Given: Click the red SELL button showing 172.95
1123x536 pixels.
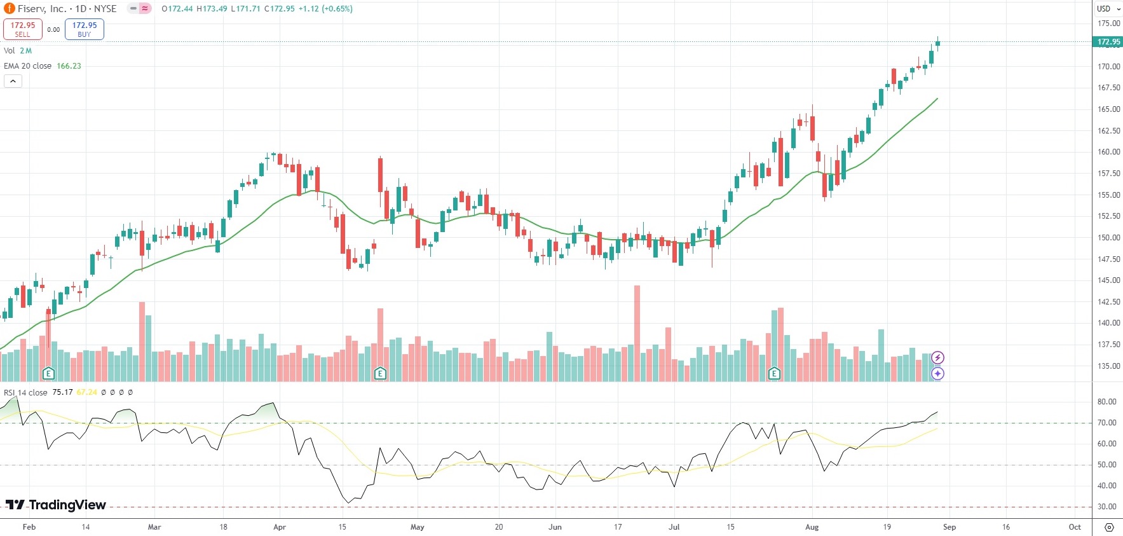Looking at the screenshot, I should click(x=23, y=29).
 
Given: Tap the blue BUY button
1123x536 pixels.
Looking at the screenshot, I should click(x=84, y=29).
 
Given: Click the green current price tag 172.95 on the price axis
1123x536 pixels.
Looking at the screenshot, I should click(x=1108, y=42).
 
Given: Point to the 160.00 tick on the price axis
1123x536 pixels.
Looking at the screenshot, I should click(x=1108, y=152).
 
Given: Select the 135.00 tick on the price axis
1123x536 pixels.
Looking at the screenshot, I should click(x=1108, y=366).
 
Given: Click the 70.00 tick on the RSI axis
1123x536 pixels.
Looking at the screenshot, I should click(x=1106, y=423).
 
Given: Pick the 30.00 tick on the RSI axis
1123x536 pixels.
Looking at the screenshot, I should click(x=1106, y=507).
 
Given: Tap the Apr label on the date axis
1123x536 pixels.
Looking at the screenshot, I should click(x=280, y=527).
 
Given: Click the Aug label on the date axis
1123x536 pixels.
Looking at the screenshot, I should click(x=812, y=527).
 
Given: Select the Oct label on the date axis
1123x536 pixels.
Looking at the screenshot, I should click(x=1075, y=527).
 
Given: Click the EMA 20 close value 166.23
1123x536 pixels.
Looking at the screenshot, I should click(x=69, y=66).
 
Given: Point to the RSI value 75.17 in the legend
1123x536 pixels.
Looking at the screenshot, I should click(x=62, y=392).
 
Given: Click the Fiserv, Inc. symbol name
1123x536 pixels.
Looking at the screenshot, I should click(x=42, y=9).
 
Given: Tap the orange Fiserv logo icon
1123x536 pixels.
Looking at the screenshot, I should click(x=10, y=9).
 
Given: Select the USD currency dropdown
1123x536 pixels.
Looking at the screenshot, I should click(x=1108, y=9).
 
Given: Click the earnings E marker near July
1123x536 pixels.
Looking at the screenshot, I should click(x=774, y=373).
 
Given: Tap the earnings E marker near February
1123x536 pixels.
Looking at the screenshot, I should click(x=48, y=373).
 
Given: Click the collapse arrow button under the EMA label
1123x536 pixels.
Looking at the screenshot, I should click(x=13, y=81).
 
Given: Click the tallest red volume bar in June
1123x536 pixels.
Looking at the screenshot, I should click(x=637, y=333).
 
